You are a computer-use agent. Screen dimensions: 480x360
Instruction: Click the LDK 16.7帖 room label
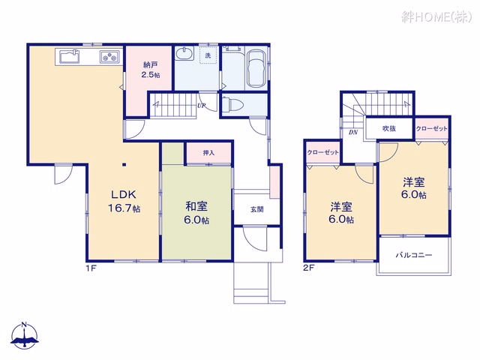(124, 201)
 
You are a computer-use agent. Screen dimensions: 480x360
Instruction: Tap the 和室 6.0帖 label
(196, 213)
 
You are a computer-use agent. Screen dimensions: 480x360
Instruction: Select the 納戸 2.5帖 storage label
(150, 70)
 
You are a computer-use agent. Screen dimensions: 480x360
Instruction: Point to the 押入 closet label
(208, 153)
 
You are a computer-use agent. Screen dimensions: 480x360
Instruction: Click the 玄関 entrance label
(256, 209)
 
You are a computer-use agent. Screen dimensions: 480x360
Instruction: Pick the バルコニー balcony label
(413, 255)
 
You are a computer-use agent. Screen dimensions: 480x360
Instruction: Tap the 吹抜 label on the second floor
(389, 128)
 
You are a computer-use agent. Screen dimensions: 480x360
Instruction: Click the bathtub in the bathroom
(256, 68)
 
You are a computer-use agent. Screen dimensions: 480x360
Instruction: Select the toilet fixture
(232, 105)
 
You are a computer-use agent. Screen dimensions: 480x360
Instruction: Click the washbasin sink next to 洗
(184, 53)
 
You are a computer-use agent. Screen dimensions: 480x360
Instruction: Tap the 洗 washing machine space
(208, 55)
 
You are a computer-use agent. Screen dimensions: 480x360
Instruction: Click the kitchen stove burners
(109, 57)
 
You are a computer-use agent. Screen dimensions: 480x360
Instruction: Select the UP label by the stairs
(201, 106)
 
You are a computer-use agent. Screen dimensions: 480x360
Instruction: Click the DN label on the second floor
(353, 133)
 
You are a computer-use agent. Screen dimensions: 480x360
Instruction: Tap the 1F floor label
(91, 268)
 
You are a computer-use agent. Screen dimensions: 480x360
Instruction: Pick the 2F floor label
(309, 268)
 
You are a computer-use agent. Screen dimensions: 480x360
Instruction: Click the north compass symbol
(25, 335)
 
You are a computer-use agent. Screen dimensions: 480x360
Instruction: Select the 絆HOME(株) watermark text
(436, 16)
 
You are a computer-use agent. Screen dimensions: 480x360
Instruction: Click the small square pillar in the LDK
(124, 165)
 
